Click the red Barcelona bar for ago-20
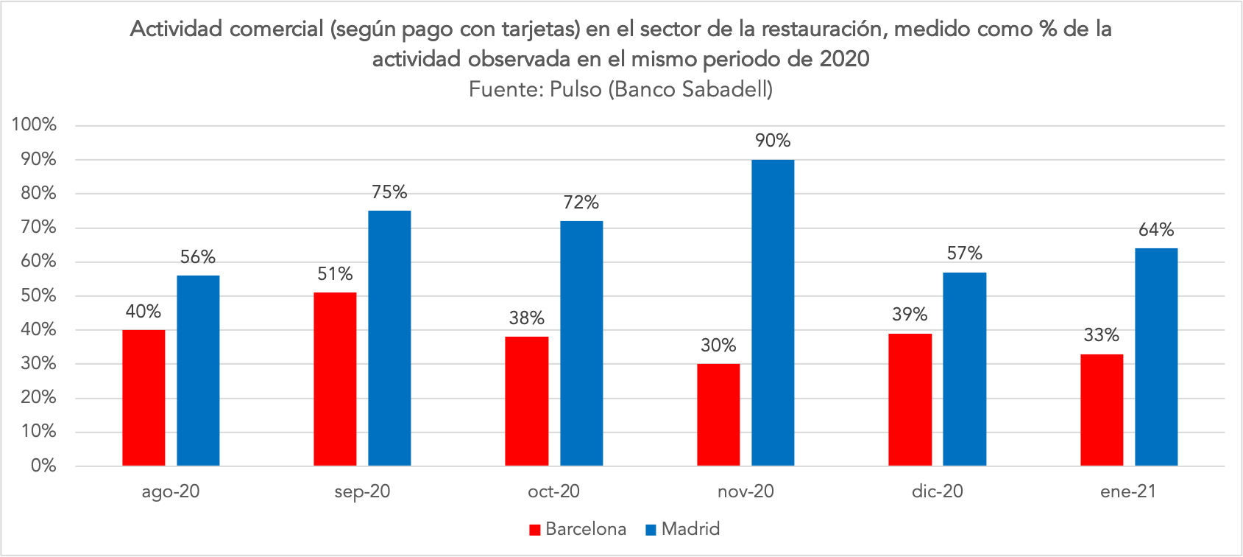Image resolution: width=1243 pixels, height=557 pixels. coord(144,398)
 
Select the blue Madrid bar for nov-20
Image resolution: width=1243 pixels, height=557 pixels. coord(773,312)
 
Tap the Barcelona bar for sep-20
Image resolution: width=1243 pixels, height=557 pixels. coord(335,379)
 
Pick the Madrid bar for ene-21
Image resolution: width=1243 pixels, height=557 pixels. coord(1156,357)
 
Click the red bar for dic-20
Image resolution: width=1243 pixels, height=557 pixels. coord(910,399)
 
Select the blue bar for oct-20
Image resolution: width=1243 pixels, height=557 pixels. coord(581,343)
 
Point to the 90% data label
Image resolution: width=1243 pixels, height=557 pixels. coord(773,141)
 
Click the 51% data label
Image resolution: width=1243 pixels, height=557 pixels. coord(335,274)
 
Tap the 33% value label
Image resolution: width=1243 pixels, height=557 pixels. coord(1101,335)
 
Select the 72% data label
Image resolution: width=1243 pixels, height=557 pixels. coord(581,202)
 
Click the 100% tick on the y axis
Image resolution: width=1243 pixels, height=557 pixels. coord(34,125)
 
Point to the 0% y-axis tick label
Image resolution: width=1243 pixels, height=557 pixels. coord(43,466)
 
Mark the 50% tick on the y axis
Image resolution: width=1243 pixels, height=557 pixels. coord(38,295)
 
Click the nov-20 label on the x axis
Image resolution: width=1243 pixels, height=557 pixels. coord(746,491)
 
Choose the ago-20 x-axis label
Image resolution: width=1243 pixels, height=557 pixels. coord(171,491)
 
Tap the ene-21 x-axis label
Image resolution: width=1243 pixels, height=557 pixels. coord(1128,491)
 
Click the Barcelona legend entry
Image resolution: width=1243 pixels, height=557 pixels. coord(585,529)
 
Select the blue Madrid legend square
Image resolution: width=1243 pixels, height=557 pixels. coord(650,529)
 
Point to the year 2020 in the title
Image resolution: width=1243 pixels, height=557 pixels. coord(844,58)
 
